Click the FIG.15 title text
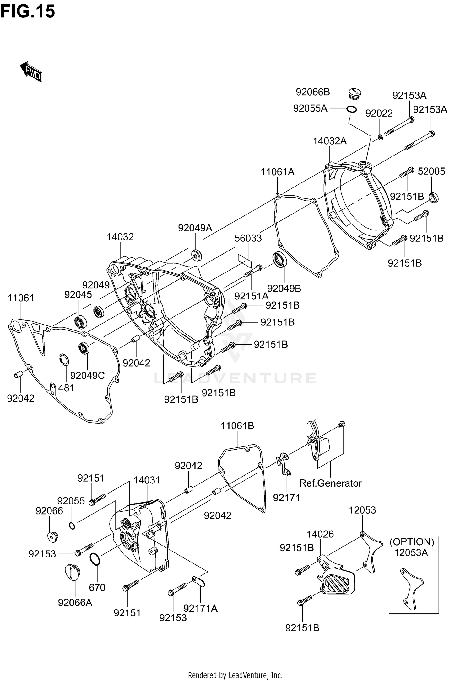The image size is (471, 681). (28, 11)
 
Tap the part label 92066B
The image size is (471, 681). (313, 92)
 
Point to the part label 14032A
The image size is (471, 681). (329, 141)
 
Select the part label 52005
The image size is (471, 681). (431, 171)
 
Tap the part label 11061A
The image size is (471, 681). (277, 172)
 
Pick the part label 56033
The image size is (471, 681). (248, 238)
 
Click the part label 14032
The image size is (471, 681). (120, 237)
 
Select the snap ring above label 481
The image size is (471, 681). (64, 360)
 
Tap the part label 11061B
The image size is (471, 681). (237, 426)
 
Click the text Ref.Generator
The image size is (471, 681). (330, 483)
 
